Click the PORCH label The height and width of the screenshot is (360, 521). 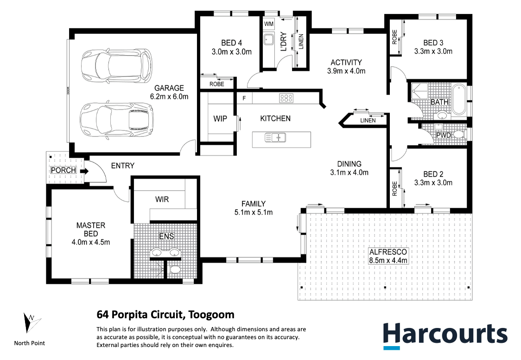(64, 170)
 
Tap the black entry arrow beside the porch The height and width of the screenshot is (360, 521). (84, 172)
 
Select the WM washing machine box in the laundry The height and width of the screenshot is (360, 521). (269, 24)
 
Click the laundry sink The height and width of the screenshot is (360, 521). (268, 39)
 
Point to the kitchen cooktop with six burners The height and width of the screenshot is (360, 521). (286, 98)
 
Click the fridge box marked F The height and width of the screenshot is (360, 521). (244, 98)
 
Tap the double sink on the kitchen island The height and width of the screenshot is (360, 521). (275, 137)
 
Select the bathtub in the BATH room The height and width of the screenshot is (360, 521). (458, 100)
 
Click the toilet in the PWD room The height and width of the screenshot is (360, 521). (459, 135)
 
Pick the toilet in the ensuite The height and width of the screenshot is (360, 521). (175, 269)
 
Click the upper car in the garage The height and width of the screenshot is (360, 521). (117, 64)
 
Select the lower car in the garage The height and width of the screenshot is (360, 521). (117, 119)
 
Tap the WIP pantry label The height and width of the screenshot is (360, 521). (220, 119)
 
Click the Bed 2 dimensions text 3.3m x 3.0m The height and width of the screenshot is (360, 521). (433, 182)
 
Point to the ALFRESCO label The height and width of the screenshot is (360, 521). (388, 252)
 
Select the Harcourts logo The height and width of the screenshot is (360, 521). (445, 336)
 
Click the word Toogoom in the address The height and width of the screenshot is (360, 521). (211, 315)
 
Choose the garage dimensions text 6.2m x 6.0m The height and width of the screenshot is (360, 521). (169, 97)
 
